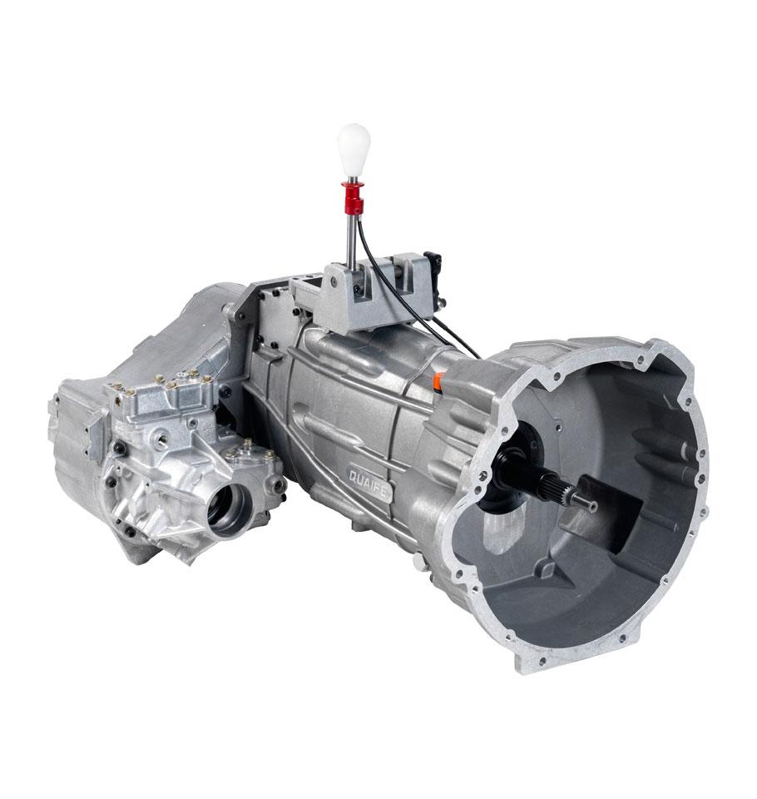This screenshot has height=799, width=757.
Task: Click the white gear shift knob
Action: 354,149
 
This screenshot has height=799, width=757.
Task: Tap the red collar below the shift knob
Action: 353,196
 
